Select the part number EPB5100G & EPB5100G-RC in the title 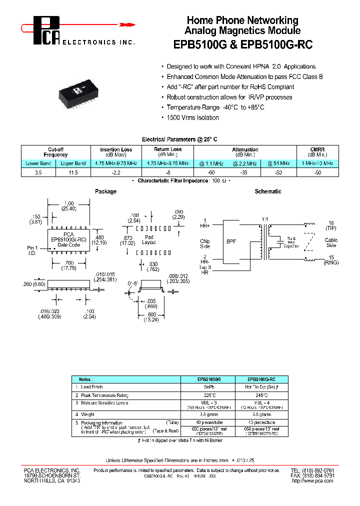coord(242,44)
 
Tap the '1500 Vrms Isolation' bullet coord(192,117)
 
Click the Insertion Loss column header coord(116,152)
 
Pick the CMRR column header coord(317,152)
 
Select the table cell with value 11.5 coord(73,172)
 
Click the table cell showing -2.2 coord(116,172)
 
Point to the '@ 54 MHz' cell coord(278,163)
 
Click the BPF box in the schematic coord(231,241)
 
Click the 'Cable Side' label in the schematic coord(331,242)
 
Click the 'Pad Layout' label coord(148,239)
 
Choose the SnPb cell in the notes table coord(206,387)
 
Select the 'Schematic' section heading coord(268,191)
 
